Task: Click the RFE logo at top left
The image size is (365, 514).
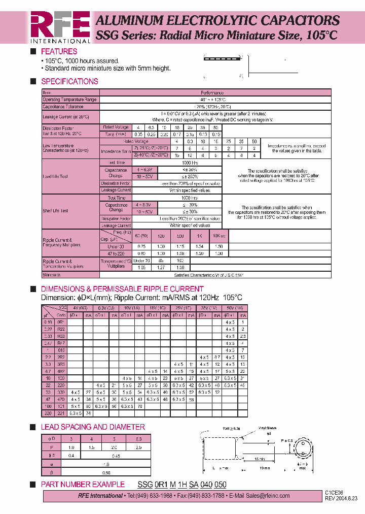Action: point(60,26)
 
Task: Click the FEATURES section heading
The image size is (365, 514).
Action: point(59,51)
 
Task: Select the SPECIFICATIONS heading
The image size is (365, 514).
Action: point(69,81)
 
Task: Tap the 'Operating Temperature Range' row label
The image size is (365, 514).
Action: point(69,100)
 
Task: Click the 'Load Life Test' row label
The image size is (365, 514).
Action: point(55,176)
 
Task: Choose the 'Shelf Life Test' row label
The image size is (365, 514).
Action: point(56,211)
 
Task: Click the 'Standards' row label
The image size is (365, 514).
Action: point(52,274)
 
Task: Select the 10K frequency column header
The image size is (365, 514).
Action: point(218,236)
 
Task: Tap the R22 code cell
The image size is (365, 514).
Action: point(61,329)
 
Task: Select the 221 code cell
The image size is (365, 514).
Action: point(61,413)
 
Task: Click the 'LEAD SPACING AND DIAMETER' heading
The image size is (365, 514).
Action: point(93,427)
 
